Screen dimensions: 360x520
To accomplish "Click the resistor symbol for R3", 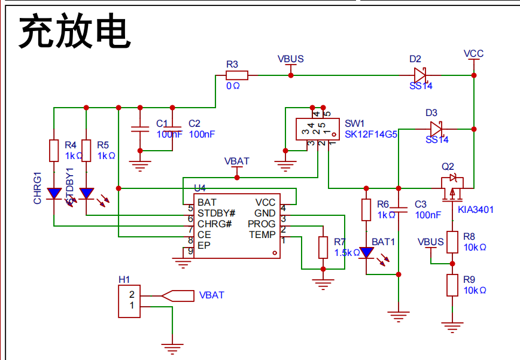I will tap(236, 75).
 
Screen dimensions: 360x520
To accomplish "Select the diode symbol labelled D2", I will tap(421, 75).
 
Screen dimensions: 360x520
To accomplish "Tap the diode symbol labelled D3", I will tap(436, 129).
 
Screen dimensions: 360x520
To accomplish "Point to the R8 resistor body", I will tap(453, 242).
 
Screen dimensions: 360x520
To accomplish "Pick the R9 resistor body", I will tap(453, 285).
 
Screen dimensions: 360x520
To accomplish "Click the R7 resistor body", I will tap(323, 248).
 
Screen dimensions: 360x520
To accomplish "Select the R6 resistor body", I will tap(366, 209).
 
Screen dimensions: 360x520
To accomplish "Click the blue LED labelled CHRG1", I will tap(54, 194).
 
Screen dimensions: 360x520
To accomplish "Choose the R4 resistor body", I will tap(54, 151).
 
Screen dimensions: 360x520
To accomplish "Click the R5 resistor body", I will tap(86, 151).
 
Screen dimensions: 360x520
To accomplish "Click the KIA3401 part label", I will tap(476, 210).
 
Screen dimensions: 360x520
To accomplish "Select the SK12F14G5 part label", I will tap(370, 135).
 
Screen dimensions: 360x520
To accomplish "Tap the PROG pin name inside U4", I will tap(261, 224).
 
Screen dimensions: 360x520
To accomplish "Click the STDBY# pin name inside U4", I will tap(216, 213).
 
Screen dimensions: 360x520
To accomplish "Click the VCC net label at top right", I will tap(473, 54).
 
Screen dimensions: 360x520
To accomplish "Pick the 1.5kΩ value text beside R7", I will tap(347, 253).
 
